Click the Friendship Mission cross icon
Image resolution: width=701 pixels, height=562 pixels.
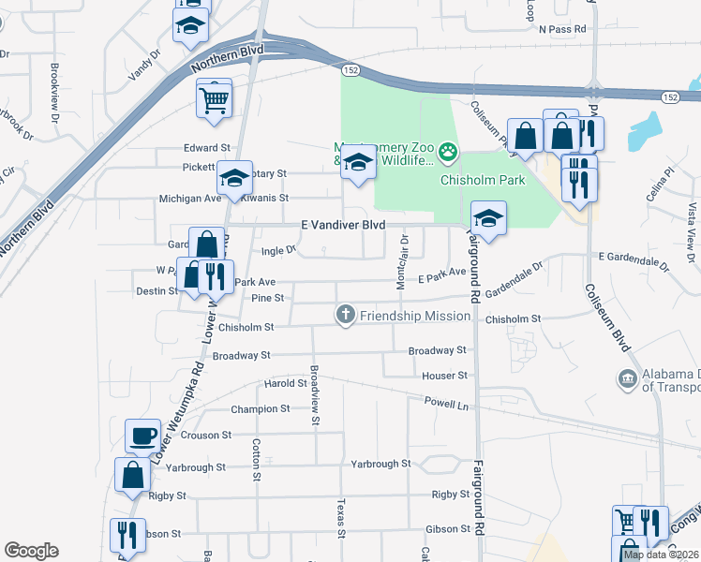tap(346, 316)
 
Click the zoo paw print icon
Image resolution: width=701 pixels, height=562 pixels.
tap(450, 150)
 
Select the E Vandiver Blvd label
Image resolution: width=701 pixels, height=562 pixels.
tap(343, 226)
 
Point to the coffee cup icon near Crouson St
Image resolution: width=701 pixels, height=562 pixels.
tap(142, 435)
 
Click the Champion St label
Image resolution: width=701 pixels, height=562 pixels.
tap(261, 409)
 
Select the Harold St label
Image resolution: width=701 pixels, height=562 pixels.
tap(286, 383)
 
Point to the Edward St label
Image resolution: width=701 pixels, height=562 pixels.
tap(207, 148)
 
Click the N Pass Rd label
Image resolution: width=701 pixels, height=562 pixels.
tap(562, 29)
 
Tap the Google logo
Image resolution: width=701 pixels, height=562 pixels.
tap(31, 551)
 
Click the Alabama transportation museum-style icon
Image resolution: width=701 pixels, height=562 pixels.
tap(627, 378)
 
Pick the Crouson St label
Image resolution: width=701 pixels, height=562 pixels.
tap(207, 436)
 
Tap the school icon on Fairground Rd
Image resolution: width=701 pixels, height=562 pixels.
tap(487, 218)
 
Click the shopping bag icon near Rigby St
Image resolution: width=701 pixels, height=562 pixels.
tap(132, 474)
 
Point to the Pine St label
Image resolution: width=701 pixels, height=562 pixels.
tap(268, 298)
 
